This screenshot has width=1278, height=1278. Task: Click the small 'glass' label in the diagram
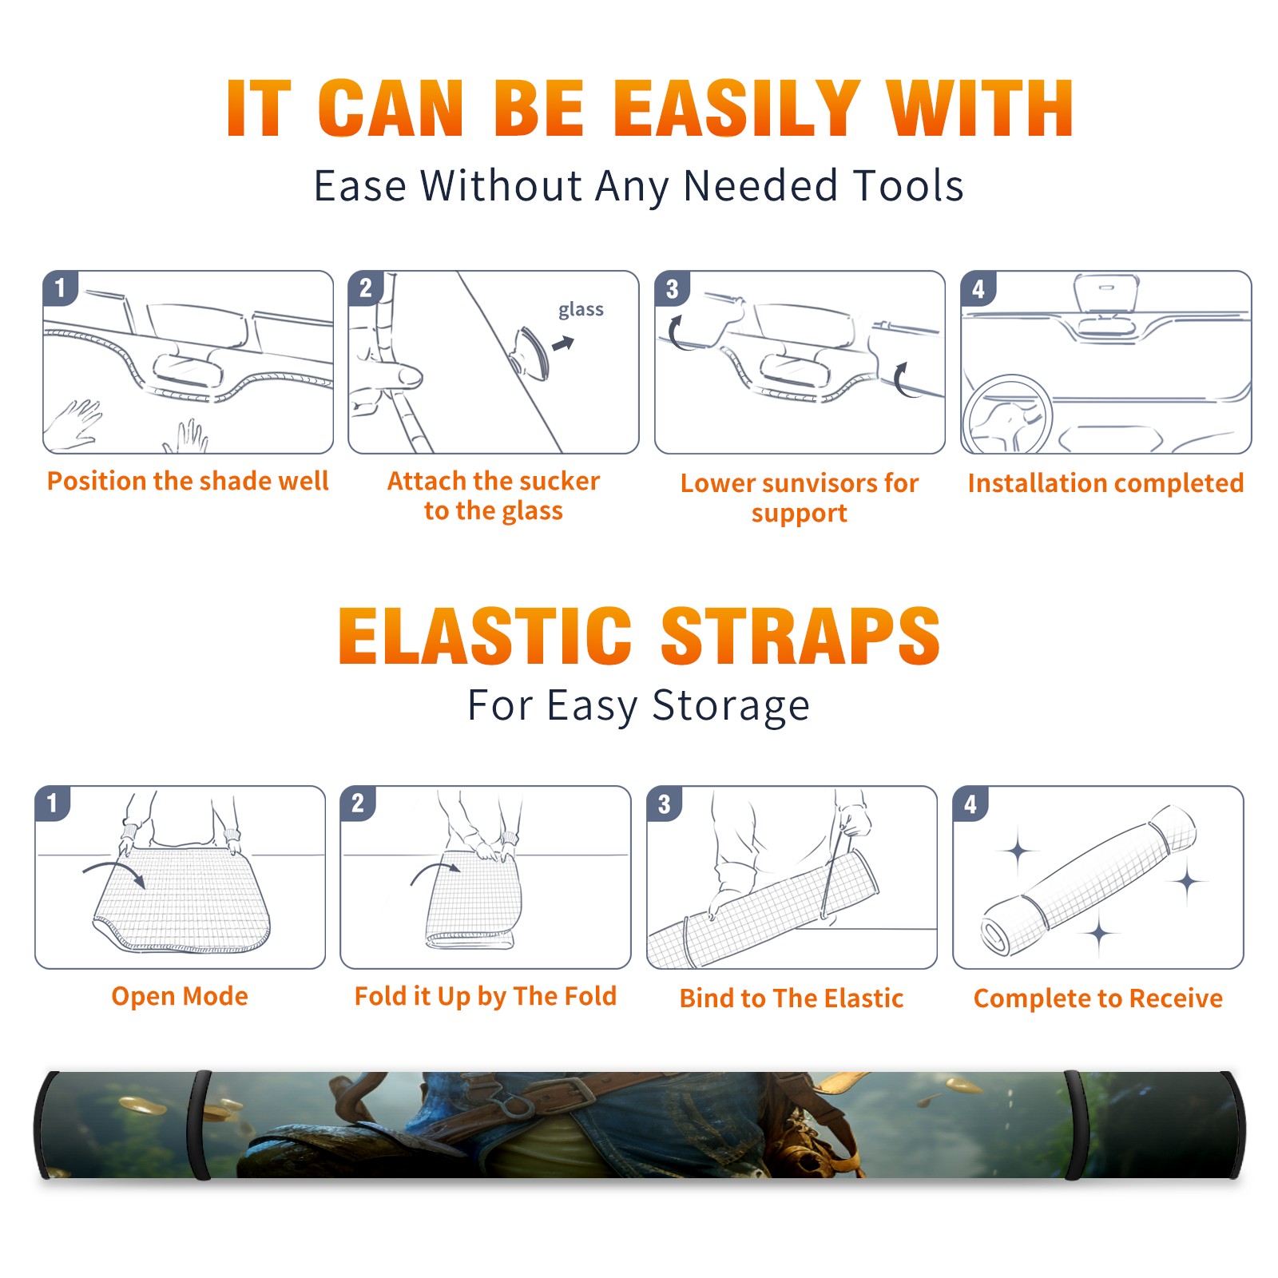(581, 309)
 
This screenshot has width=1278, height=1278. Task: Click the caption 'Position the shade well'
(188, 481)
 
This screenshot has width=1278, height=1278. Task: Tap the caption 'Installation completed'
(1105, 482)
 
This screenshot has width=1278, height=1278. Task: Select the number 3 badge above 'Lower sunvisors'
(672, 288)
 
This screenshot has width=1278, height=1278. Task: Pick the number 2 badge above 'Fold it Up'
(358, 803)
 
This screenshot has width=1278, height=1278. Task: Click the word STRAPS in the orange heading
(800, 636)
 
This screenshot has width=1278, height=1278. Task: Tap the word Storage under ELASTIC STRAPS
(731, 706)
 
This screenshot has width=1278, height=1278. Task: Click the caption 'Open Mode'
(180, 996)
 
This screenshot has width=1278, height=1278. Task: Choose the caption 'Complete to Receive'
(1097, 998)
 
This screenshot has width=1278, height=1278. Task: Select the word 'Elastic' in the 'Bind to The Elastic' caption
(863, 998)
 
